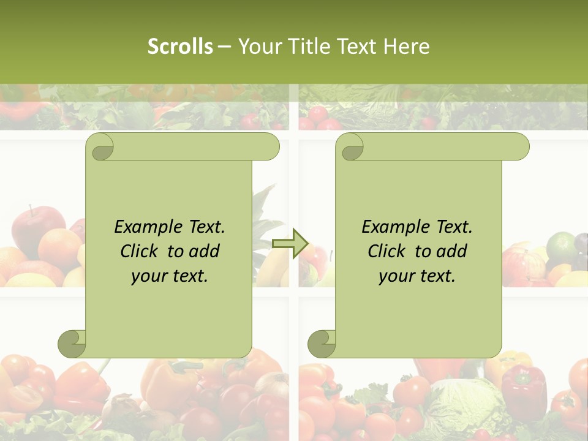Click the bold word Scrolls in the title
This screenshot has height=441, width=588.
point(180,47)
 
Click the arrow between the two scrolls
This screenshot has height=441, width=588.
point(290,243)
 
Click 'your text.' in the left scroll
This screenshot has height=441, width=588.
point(170,276)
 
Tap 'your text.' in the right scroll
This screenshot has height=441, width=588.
point(417,276)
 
